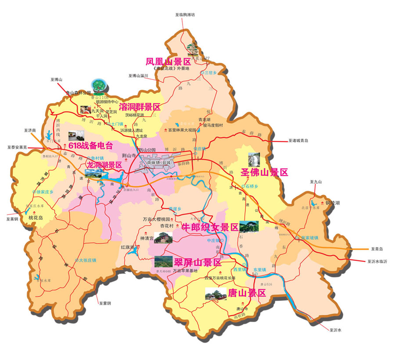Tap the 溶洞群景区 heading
coord(140,107)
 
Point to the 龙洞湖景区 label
coord(104,165)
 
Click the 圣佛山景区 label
coord(265,172)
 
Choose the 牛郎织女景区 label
coord(210,228)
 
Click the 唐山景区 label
coord(247,293)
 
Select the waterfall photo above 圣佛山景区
coord(254,159)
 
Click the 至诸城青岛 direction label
coord(298,141)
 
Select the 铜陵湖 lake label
coord(333,203)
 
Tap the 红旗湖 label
coord(129,248)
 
